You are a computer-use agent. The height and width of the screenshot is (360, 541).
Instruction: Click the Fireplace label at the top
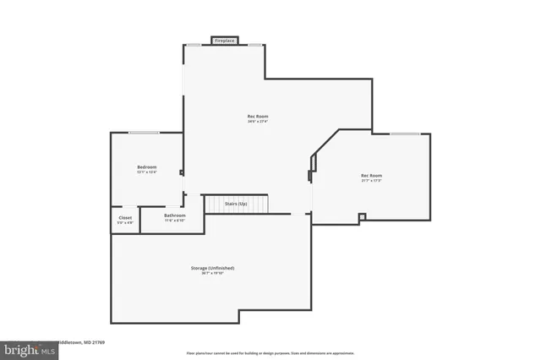(224, 40)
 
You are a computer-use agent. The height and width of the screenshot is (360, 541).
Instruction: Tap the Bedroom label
(147, 167)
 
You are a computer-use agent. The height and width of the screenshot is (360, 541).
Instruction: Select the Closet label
(125, 217)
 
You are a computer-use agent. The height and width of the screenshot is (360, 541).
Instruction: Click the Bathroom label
(175, 215)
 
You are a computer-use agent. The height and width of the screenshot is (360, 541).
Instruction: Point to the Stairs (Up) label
(236, 204)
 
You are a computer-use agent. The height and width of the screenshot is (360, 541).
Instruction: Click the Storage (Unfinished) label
(212, 268)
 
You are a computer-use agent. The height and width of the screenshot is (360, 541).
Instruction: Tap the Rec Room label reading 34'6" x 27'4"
(258, 116)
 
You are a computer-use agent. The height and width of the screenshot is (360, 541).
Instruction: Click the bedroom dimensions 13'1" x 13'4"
(147, 172)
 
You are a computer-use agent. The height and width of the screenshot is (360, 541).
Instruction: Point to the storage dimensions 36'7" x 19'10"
(212, 273)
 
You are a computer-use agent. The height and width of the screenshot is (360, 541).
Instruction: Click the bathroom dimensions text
(175, 220)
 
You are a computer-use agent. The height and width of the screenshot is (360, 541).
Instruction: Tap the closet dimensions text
(125, 222)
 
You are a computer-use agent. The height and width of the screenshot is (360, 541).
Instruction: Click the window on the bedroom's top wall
(145, 133)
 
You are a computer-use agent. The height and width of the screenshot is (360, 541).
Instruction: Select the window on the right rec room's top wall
(406, 134)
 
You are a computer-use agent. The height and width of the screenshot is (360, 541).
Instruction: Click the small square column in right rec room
(362, 217)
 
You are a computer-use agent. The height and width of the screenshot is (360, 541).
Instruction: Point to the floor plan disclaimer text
(270, 353)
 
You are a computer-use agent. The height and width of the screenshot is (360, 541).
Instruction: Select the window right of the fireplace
(253, 45)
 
